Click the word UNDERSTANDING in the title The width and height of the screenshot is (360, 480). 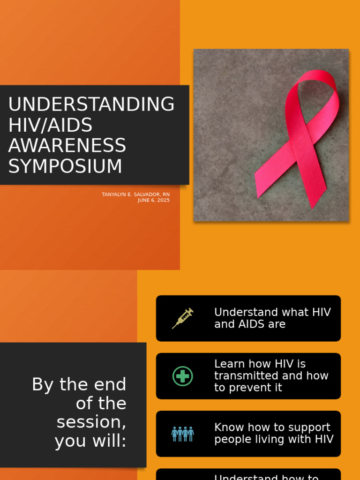click(91, 104)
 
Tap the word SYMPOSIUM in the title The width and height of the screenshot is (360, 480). click(65, 166)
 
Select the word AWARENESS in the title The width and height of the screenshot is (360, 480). click(67, 146)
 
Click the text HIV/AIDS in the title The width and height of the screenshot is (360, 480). click(50, 125)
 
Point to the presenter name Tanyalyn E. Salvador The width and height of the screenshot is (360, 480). click(132, 194)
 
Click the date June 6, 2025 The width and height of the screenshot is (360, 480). click(153, 200)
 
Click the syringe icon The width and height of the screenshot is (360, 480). click(182, 318)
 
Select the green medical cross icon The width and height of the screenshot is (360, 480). click(182, 376)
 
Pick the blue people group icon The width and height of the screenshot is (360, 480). click(182, 434)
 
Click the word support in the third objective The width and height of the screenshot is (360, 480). click(308, 427)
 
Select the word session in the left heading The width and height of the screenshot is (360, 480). click(91, 422)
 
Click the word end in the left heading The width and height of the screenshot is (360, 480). click(112, 384)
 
